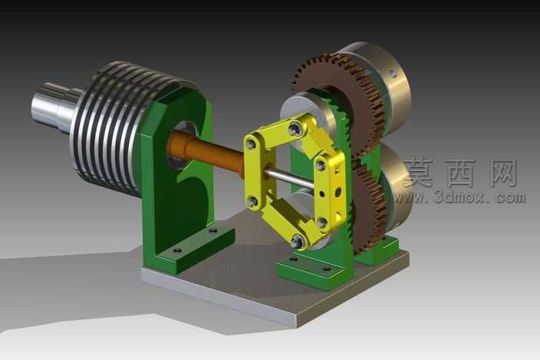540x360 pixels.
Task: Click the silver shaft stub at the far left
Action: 55,107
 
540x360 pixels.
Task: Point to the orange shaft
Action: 206,152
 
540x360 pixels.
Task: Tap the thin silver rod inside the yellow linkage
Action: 289,179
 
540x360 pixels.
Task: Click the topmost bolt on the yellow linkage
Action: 295,129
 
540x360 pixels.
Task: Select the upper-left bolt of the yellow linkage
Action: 252,144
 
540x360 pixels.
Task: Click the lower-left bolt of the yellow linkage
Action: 253,201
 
